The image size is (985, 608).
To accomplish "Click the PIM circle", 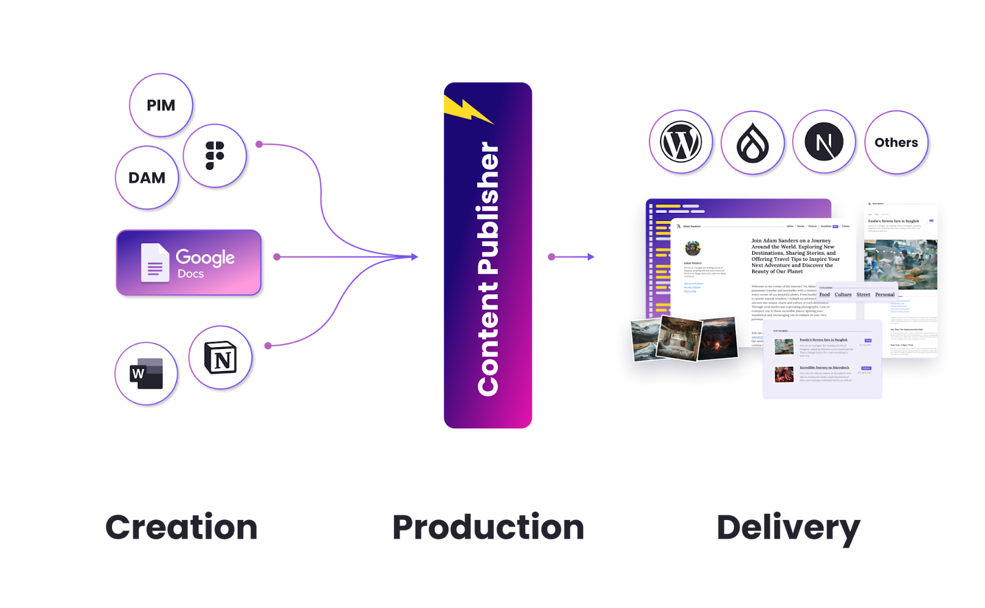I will click(x=161, y=106).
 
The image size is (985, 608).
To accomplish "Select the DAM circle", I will click(x=147, y=178).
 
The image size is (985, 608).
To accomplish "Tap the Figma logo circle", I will click(x=215, y=156).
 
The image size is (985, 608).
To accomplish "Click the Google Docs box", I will click(x=190, y=263).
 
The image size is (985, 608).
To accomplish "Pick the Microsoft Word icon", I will click(x=147, y=374).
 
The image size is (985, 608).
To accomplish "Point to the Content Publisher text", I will click(x=488, y=268).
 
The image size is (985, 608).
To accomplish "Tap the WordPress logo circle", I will click(x=681, y=143).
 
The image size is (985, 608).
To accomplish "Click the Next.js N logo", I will click(x=824, y=143).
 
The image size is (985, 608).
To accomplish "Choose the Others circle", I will click(x=896, y=143).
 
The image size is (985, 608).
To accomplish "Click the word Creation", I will click(x=182, y=527).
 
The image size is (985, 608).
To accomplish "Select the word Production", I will click(x=488, y=527).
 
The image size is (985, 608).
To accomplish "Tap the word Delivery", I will click(x=788, y=527).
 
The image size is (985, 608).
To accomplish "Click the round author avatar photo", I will click(x=693, y=248).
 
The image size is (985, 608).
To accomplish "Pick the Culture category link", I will click(x=843, y=295).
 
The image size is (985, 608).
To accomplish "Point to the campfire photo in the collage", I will click(x=718, y=338).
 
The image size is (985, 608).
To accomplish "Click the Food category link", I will click(x=824, y=295).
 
